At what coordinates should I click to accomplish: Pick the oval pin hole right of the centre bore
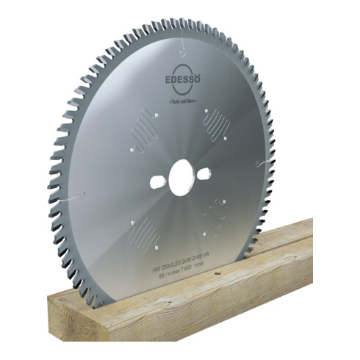(204, 173)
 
